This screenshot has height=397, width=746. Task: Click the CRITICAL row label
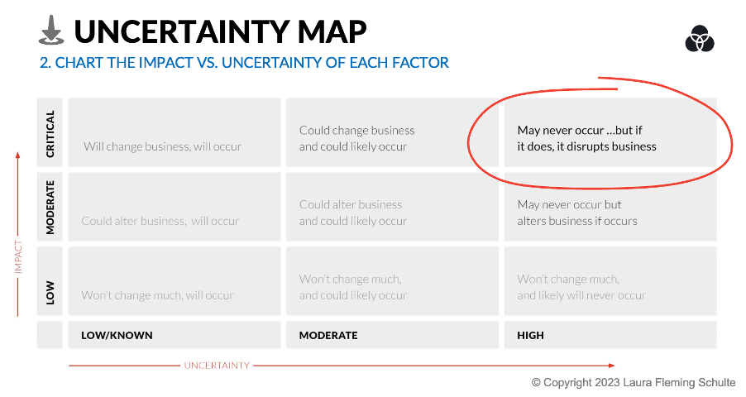[x=50, y=134]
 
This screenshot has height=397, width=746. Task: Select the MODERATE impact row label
[x=50, y=207]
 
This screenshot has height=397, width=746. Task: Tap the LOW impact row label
[x=50, y=292]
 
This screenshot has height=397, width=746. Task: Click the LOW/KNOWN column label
[x=117, y=335]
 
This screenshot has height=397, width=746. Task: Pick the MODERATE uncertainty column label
[x=328, y=335]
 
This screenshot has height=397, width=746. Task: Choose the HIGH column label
[x=530, y=335]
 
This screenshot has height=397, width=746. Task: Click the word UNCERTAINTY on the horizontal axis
[x=217, y=365]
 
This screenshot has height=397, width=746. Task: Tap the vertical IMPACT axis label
[x=18, y=256]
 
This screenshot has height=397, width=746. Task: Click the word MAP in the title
[x=332, y=32]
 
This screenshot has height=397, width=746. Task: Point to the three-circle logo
[x=700, y=39]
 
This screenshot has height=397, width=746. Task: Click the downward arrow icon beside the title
[x=51, y=30]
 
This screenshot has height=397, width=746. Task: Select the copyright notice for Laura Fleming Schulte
[x=634, y=382]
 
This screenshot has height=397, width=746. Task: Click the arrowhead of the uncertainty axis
[x=611, y=365]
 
